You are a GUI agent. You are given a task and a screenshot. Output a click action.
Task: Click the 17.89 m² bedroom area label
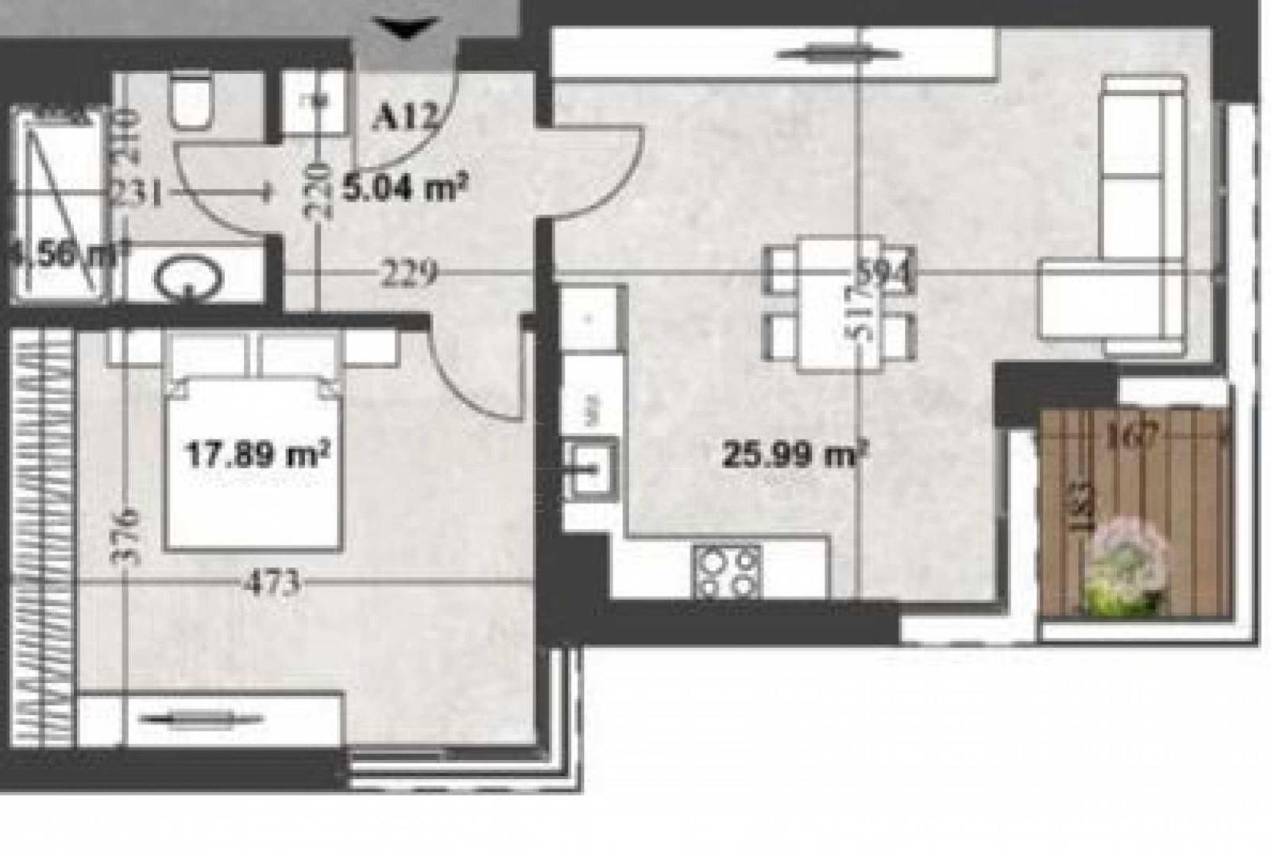point(257,456)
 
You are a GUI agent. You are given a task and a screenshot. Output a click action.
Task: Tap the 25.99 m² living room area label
point(793,455)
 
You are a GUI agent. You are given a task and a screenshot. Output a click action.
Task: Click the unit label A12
point(404,118)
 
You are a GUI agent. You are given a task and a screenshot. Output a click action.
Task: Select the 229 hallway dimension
point(409,274)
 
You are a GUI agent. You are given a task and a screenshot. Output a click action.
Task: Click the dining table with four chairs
point(839,304)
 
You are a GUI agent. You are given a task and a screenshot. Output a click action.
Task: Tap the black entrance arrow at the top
point(406,31)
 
